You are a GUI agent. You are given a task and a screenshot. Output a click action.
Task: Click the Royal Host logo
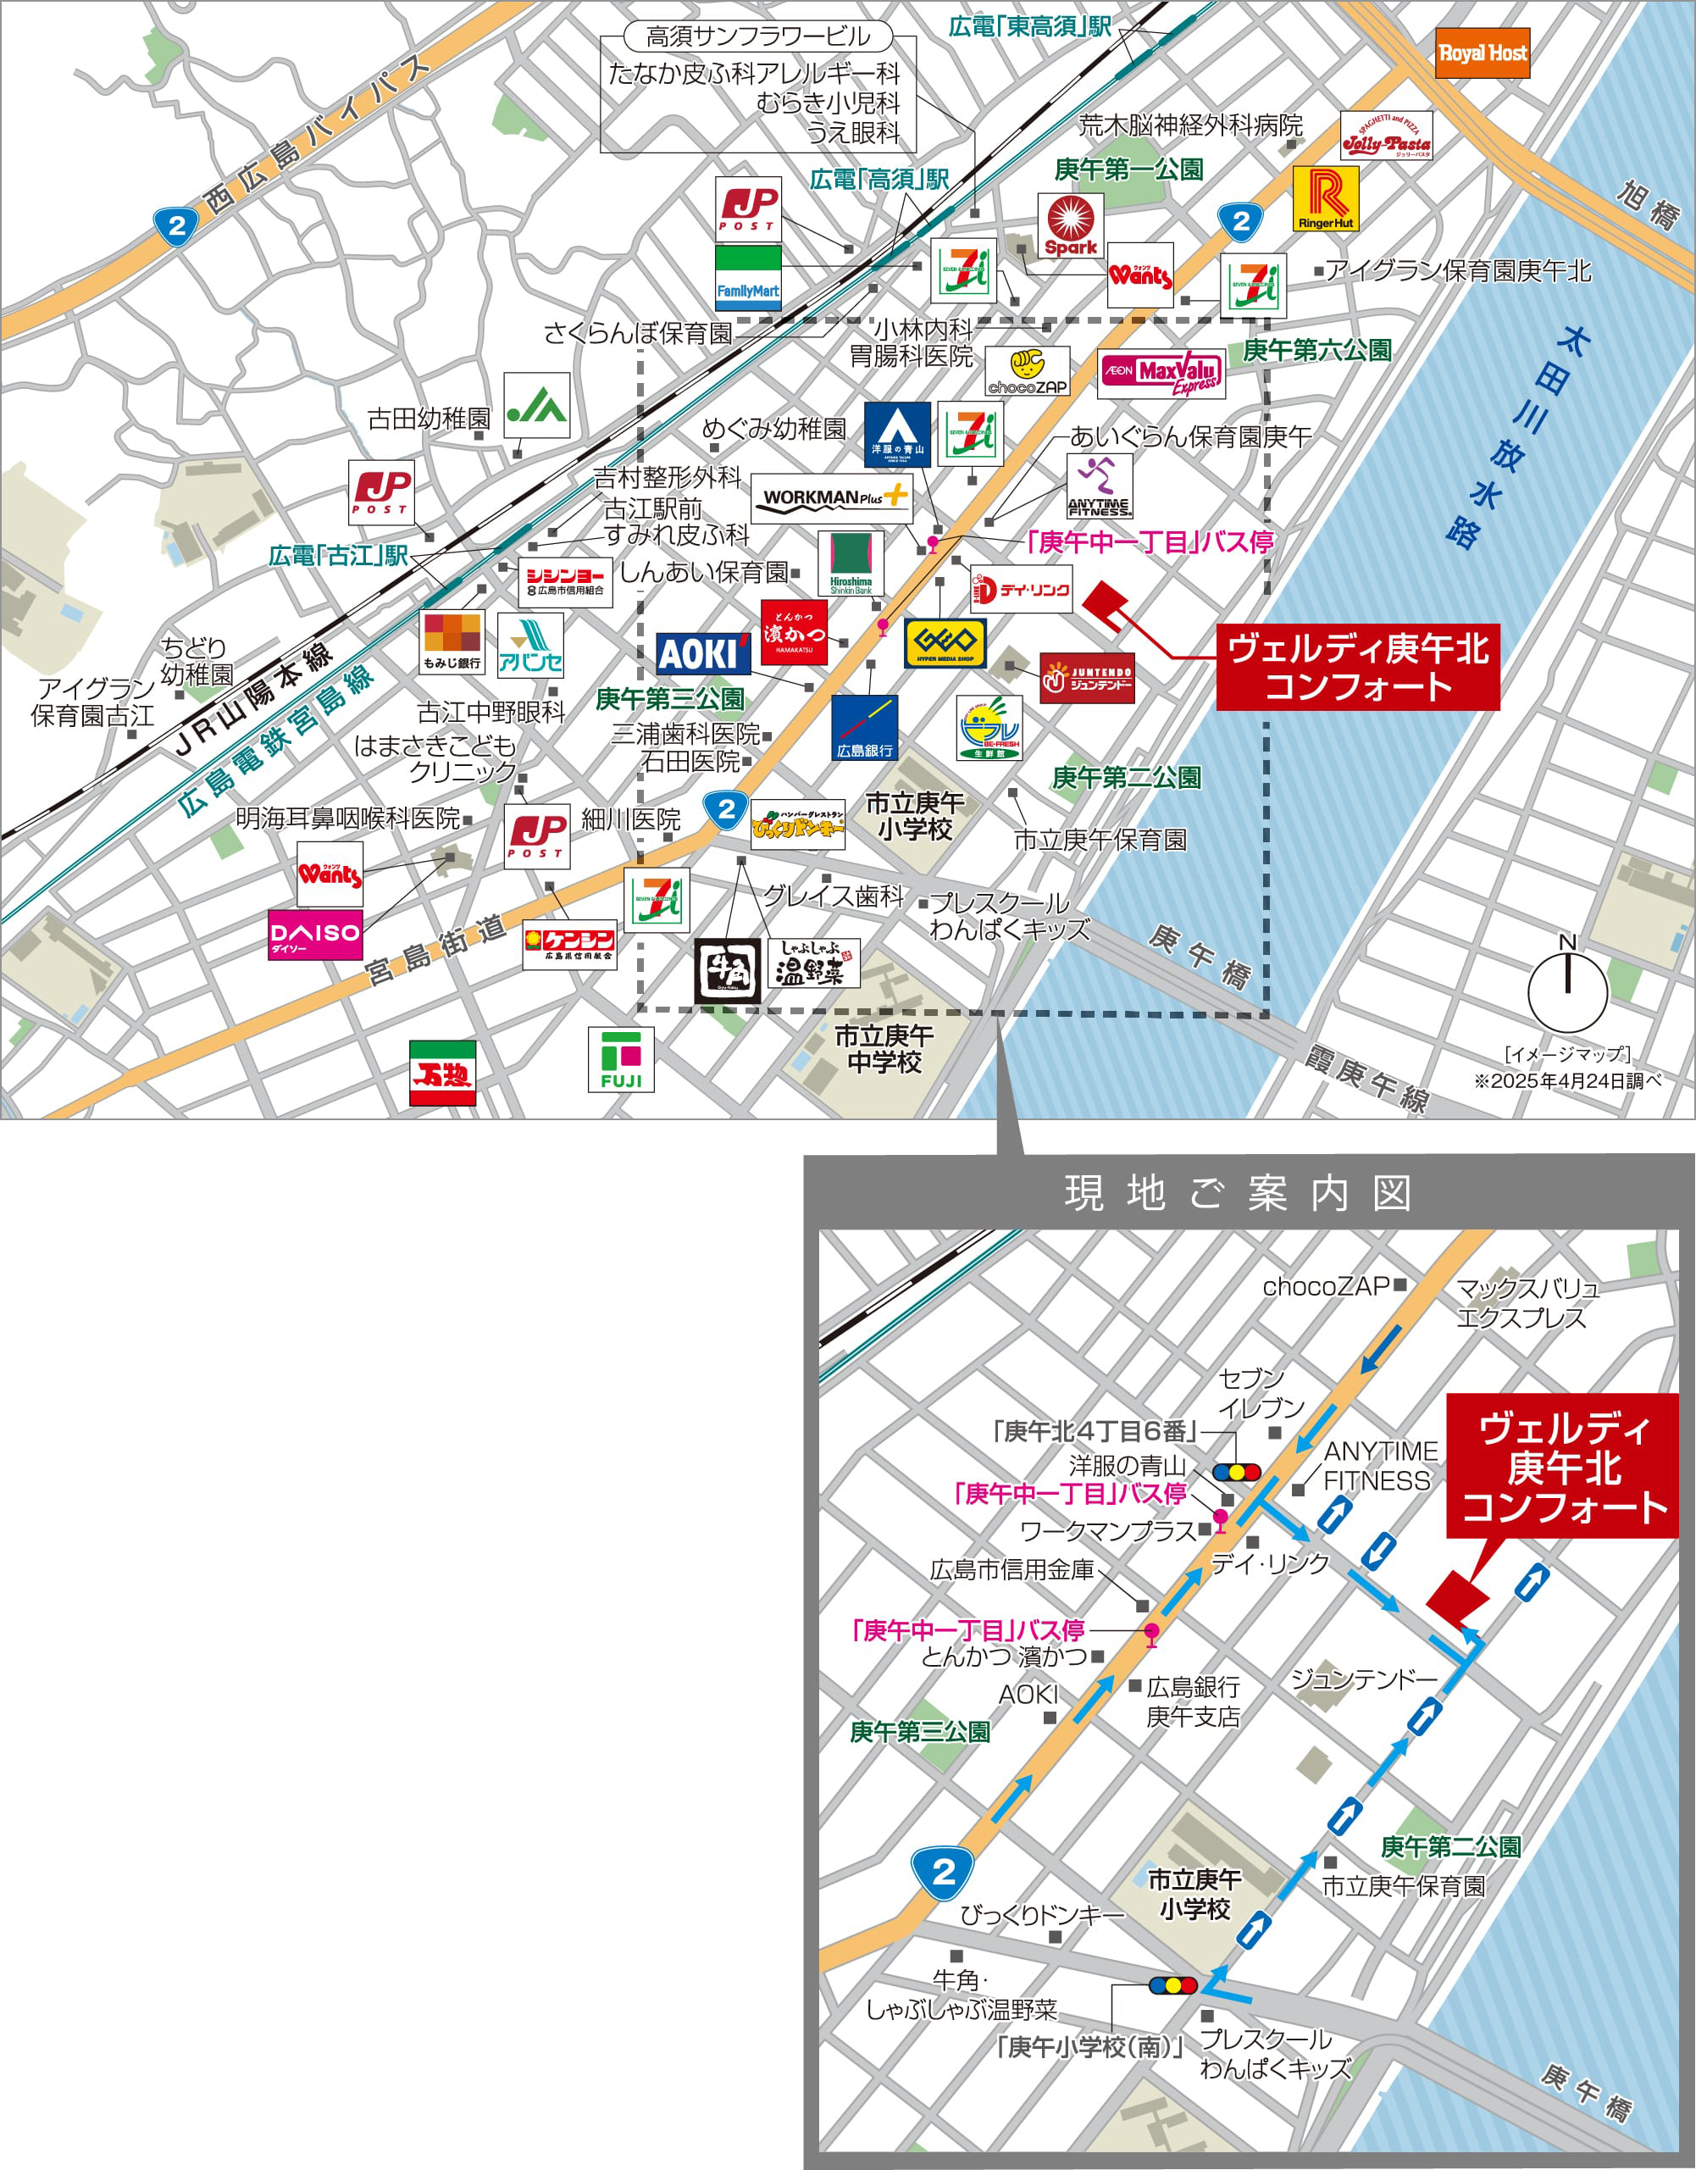pos(1482,53)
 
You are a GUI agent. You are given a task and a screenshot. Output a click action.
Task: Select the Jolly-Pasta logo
pos(1386,136)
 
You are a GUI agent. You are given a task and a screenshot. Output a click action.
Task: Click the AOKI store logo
pos(701,652)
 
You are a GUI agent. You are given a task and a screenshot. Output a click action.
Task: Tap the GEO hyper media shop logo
pos(944,642)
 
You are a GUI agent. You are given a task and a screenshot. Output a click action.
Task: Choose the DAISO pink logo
pos(315,934)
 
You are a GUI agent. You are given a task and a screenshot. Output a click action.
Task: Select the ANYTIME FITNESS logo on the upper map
pos(1099,487)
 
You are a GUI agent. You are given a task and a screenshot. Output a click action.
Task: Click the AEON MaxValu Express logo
pos(1161,374)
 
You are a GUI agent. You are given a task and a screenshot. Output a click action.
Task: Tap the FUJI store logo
pos(621,1059)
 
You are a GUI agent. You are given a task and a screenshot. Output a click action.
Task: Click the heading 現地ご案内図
pos(1238,1192)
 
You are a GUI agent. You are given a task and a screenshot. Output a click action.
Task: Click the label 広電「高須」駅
pos(879,180)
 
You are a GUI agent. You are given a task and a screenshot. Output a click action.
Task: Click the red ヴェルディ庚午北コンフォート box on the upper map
pos(1357,667)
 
